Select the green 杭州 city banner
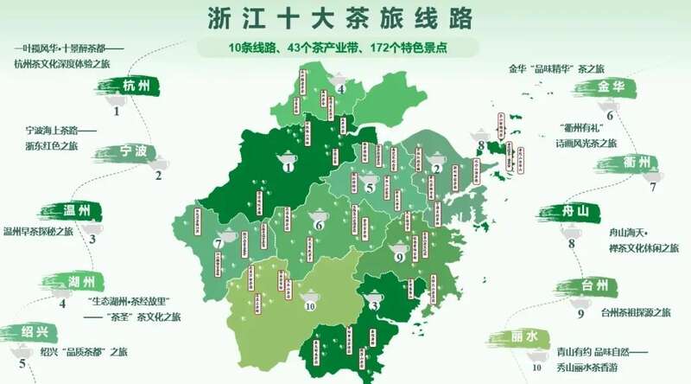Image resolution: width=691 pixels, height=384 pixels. click(134, 85)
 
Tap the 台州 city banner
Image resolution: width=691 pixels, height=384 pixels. click(592, 285)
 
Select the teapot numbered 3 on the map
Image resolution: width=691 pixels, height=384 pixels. click(374, 296)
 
